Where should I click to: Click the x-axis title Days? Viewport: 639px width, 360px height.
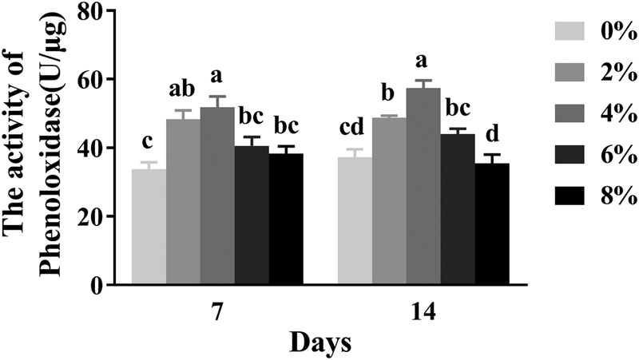tap(319, 344)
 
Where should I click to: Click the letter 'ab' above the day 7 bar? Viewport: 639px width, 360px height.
tap(183, 89)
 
